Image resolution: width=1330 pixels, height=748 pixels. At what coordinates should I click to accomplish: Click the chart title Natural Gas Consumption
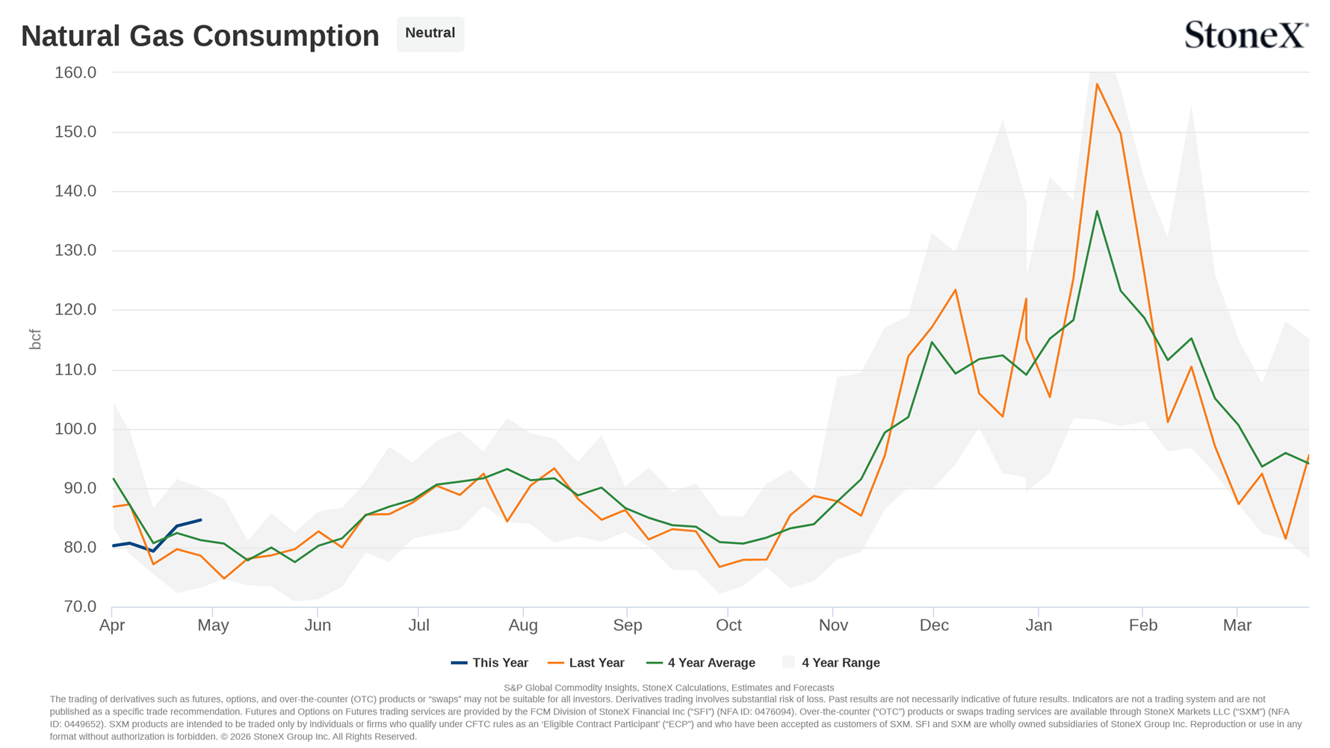point(200,36)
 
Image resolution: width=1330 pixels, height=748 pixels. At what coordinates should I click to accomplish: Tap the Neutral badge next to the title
point(430,34)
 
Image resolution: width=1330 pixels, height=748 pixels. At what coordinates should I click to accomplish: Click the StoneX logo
point(1246,34)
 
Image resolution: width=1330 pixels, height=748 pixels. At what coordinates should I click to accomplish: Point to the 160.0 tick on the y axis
point(75,72)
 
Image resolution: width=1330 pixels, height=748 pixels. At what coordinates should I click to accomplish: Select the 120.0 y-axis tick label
point(75,309)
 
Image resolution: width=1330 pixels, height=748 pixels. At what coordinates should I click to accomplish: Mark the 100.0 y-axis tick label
point(75,428)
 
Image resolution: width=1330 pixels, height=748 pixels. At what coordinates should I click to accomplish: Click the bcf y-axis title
point(35,339)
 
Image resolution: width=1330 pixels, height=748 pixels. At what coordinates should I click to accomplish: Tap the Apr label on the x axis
point(112,625)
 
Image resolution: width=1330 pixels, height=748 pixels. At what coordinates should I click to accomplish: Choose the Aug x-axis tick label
point(523,625)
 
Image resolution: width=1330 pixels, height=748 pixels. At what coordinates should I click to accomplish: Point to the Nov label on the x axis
point(833,625)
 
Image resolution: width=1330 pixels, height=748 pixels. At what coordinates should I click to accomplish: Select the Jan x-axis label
point(1039,625)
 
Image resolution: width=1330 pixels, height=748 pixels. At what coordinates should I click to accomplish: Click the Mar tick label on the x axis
point(1237,625)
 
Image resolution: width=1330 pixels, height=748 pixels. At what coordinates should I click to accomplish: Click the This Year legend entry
point(489,663)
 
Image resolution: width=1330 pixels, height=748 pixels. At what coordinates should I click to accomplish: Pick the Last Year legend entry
point(586,663)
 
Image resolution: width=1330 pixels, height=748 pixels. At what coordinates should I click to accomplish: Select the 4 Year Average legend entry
point(701,663)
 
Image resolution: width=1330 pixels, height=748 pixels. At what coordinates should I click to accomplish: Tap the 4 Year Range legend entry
point(831,663)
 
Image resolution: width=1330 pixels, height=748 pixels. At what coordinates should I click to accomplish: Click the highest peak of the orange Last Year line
point(1097,84)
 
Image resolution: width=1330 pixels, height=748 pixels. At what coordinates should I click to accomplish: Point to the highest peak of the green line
point(1097,211)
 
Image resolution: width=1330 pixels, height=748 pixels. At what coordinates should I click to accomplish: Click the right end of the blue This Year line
point(200,520)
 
